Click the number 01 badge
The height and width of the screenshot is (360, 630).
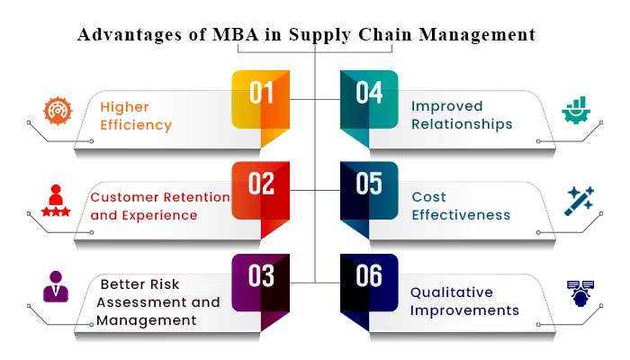[x=260, y=95]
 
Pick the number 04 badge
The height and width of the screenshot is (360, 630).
[x=369, y=95]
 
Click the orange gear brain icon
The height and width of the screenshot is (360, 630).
[x=56, y=111]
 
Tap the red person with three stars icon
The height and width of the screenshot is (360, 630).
[x=56, y=201]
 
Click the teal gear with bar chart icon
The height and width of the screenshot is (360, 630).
[x=575, y=110]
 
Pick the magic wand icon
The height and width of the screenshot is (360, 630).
[x=577, y=201]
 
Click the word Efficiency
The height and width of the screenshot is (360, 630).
[x=136, y=125]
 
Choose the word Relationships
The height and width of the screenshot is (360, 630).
[x=462, y=124]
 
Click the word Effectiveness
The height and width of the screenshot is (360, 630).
[x=461, y=215]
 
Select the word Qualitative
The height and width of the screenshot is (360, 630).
[x=453, y=292]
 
